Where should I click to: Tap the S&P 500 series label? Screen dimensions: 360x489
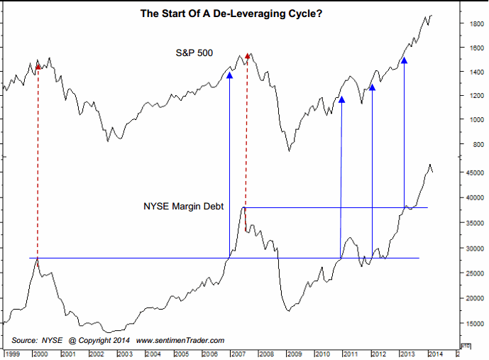[x=195, y=53]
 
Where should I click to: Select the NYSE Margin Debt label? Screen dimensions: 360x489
[x=184, y=207]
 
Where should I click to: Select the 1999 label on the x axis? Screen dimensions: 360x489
[x=13, y=353]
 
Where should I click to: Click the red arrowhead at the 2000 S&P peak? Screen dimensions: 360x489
[x=38, y=67]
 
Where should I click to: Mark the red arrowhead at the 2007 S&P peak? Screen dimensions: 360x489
[x=247, y=55]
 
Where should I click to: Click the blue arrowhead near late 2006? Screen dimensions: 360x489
[x=229, y=74]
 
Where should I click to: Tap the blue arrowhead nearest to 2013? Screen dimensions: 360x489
[x=404, y=60]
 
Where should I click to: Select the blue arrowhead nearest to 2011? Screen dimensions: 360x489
[x=342, y=99]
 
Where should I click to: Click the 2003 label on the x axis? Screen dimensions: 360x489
[x=124, y=353]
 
